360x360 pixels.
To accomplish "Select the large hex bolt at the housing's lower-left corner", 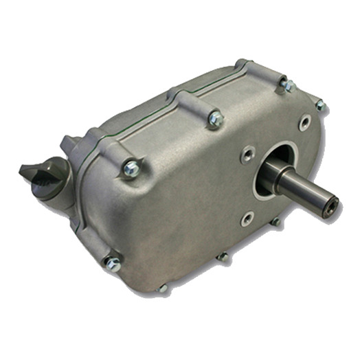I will click(111, 264).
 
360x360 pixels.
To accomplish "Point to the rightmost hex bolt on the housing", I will click(319, 105).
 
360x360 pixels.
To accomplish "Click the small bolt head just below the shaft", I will click(274, 222).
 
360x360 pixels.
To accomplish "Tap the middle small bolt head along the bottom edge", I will click(222, 257).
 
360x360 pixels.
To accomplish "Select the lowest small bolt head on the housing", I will click(162, 289).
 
